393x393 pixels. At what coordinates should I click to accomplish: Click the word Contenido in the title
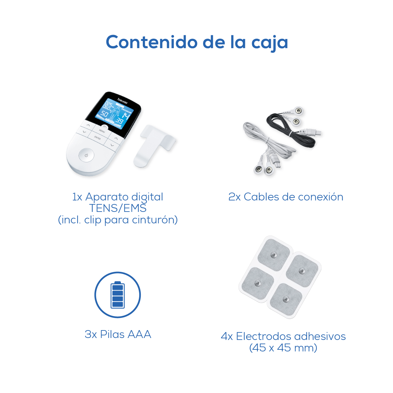pyautogui.click(x=152, y=42)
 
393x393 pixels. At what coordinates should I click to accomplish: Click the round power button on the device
pyautogui.click(x=86, y=155)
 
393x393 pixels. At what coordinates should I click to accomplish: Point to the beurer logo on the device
pyautogui.click(x=122, y=101)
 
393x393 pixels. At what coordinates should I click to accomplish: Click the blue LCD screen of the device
pyautogui.click(x=115, y=114)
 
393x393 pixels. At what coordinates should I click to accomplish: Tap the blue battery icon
pyautogui.click(x=118, y=294)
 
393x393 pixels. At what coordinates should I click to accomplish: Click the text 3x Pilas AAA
pyautogui.click(x=118, y=334)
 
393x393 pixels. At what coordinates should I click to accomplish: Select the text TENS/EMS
pyautogui.click(x=118, y=208)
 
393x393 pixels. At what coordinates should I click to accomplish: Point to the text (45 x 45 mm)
pyautogui.click(x=283, y=348)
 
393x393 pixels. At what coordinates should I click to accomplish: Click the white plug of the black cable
pyautogui.click(x=310, y=132)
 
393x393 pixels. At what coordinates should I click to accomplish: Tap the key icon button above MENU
pyautogui.click(x=104, y=127)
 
